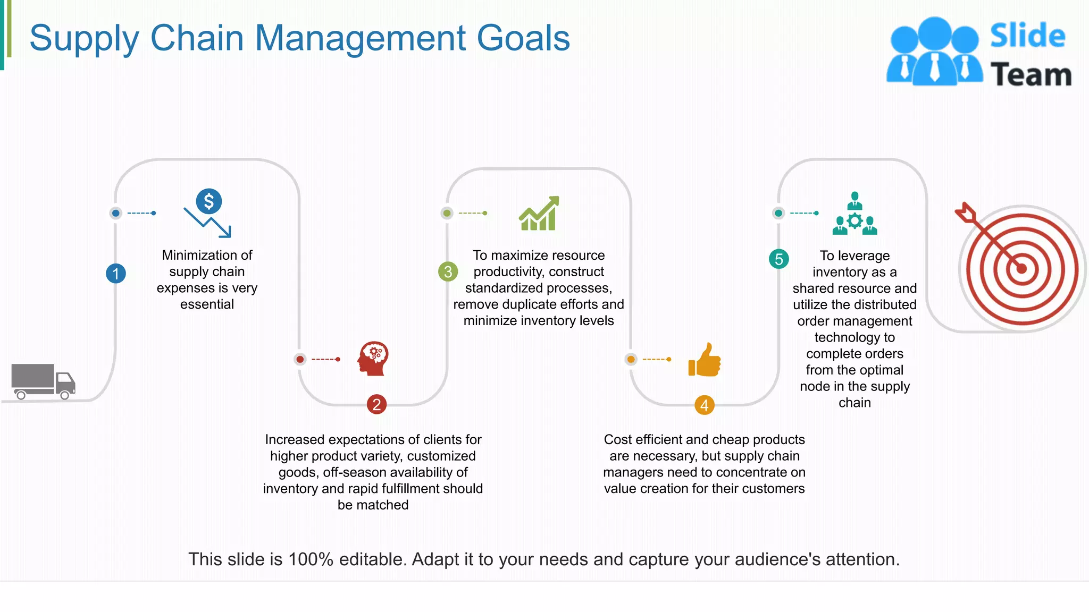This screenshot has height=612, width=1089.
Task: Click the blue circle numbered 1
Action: point(115,274)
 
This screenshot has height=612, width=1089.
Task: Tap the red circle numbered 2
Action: point(376,405)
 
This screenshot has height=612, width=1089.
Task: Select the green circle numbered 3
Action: point(448,271)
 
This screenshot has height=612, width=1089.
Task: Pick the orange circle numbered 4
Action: point(704,405)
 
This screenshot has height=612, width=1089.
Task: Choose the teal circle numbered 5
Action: point(778,259)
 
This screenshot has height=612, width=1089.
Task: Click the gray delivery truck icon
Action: point(43,381)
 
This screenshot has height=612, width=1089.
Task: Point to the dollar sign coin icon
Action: point(209,201)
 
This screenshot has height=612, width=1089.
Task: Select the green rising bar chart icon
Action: point(539,214)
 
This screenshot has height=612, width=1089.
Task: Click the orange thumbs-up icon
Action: point(705,360)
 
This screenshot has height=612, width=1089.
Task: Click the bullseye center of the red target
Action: point(1021,268)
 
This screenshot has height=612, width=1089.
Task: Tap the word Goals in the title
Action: point(523,38)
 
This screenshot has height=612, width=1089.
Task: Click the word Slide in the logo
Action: point(1027,36)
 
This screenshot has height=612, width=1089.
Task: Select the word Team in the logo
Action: point(1031,74)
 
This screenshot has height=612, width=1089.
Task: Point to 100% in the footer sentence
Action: point(311,559)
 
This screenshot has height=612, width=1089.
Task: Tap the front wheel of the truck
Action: point(64,395)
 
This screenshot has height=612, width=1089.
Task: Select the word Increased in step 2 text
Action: point(295,440)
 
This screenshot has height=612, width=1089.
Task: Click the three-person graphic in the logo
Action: point(934,52)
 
